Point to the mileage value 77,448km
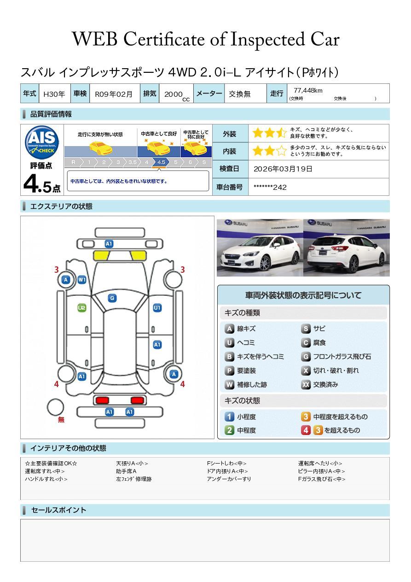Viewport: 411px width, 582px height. click(308, 90)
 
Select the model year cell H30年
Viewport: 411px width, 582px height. click(54, 94)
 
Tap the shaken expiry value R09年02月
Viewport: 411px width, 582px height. click(114, 94)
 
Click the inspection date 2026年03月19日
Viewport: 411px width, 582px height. click(283, 169)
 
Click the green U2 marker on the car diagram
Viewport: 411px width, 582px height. click(82, 308)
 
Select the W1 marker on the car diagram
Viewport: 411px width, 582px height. click(82, 280)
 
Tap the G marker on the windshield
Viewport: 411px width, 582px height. click(112, 298)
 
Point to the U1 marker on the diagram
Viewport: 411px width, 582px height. click(157, 308)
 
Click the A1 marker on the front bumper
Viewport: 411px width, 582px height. click(109, 244)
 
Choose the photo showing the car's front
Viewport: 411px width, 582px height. click(260, 248)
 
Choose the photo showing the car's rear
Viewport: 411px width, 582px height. click(346, 248)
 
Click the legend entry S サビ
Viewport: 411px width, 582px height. click(313, 329)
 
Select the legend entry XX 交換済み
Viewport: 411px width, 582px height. click(320, 385)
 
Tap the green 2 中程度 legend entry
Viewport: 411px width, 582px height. click(241, 430)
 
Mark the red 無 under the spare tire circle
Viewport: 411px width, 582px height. click(61, 420)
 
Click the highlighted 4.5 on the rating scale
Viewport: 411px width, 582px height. click(161, 162)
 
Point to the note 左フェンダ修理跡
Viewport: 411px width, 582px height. click(133, 479)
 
